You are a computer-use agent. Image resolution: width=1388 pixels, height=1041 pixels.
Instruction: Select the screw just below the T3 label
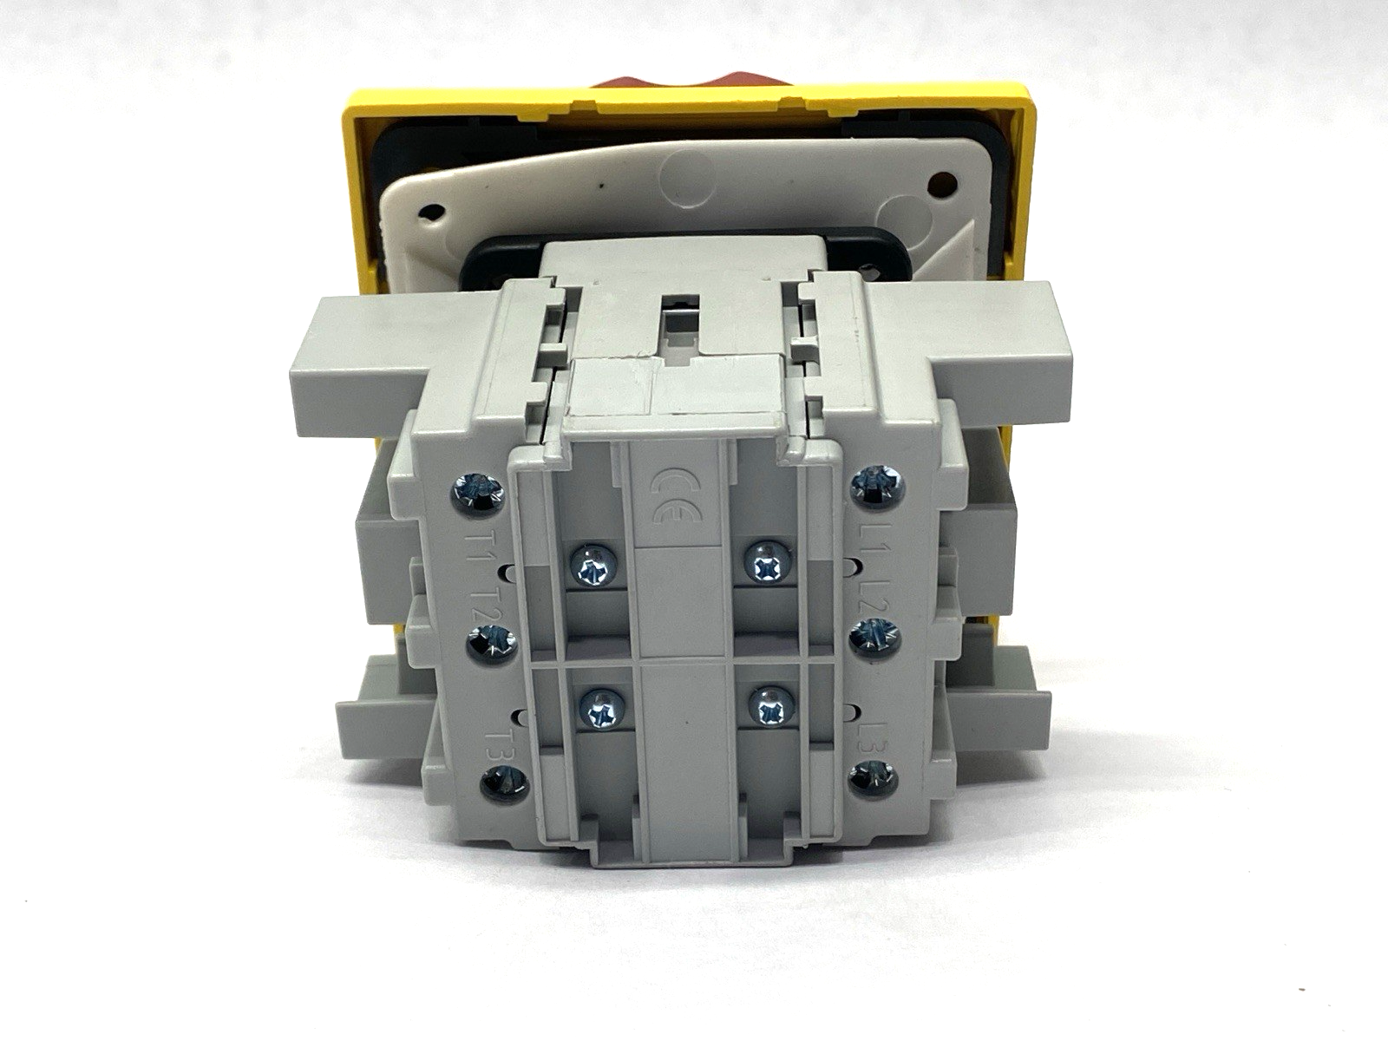click(505, 787)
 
